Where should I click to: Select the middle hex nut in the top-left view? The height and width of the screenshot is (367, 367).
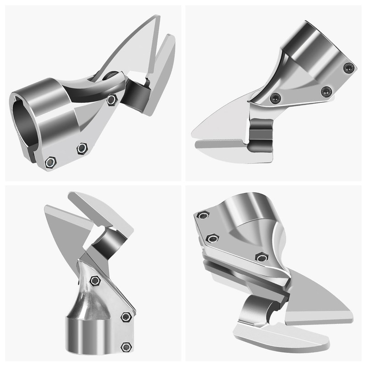click(82, 148)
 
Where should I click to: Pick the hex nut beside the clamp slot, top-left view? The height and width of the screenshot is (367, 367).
click(51, 162)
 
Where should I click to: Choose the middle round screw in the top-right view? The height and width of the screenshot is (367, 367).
click(326, 91)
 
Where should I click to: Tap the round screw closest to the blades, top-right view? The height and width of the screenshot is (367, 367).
click(276, 97)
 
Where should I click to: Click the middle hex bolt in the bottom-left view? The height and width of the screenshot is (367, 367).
click(126, 317)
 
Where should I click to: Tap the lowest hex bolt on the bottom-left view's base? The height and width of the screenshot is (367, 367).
click(126, 346)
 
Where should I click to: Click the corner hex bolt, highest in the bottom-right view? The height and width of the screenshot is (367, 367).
click(203, 215)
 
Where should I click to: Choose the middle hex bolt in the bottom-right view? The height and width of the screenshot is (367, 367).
click(212, 238)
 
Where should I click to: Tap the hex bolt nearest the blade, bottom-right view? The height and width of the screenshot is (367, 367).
click(261, 257)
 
